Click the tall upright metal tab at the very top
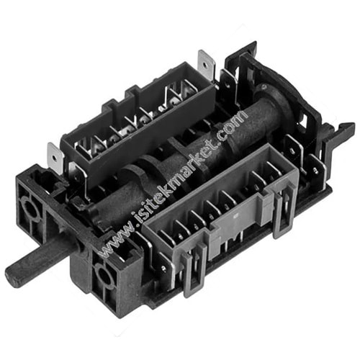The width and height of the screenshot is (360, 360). [207, 63]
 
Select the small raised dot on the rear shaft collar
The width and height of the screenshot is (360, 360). [264, 87]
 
